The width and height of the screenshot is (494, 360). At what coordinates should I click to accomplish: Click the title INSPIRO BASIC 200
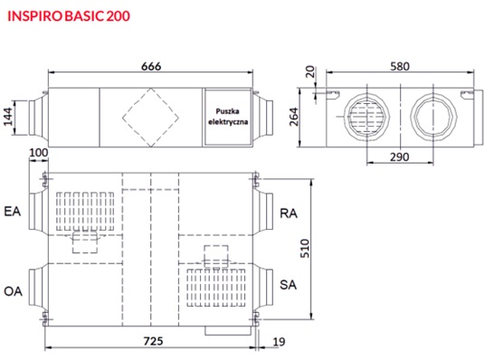click(x=69, y=16)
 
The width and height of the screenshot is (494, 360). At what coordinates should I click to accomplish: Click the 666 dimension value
click(x=151, y=66)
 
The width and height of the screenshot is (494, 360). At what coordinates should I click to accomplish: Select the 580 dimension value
click(x=400, y=66)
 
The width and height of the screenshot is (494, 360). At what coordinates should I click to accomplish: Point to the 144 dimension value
click(x=8, y=117)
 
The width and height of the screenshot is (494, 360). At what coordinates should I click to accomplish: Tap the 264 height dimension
click(x=294, y=117)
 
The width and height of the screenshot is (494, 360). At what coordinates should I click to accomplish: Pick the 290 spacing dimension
click(x=400, y=156)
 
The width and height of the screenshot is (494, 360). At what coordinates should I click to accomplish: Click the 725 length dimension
click(x=153, y=341)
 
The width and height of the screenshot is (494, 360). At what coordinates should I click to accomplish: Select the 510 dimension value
click(x=305, y=249)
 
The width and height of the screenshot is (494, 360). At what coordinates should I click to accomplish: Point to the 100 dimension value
click(x=38, y=153)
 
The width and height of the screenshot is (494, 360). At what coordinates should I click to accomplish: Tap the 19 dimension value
click(x=279, y=342)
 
